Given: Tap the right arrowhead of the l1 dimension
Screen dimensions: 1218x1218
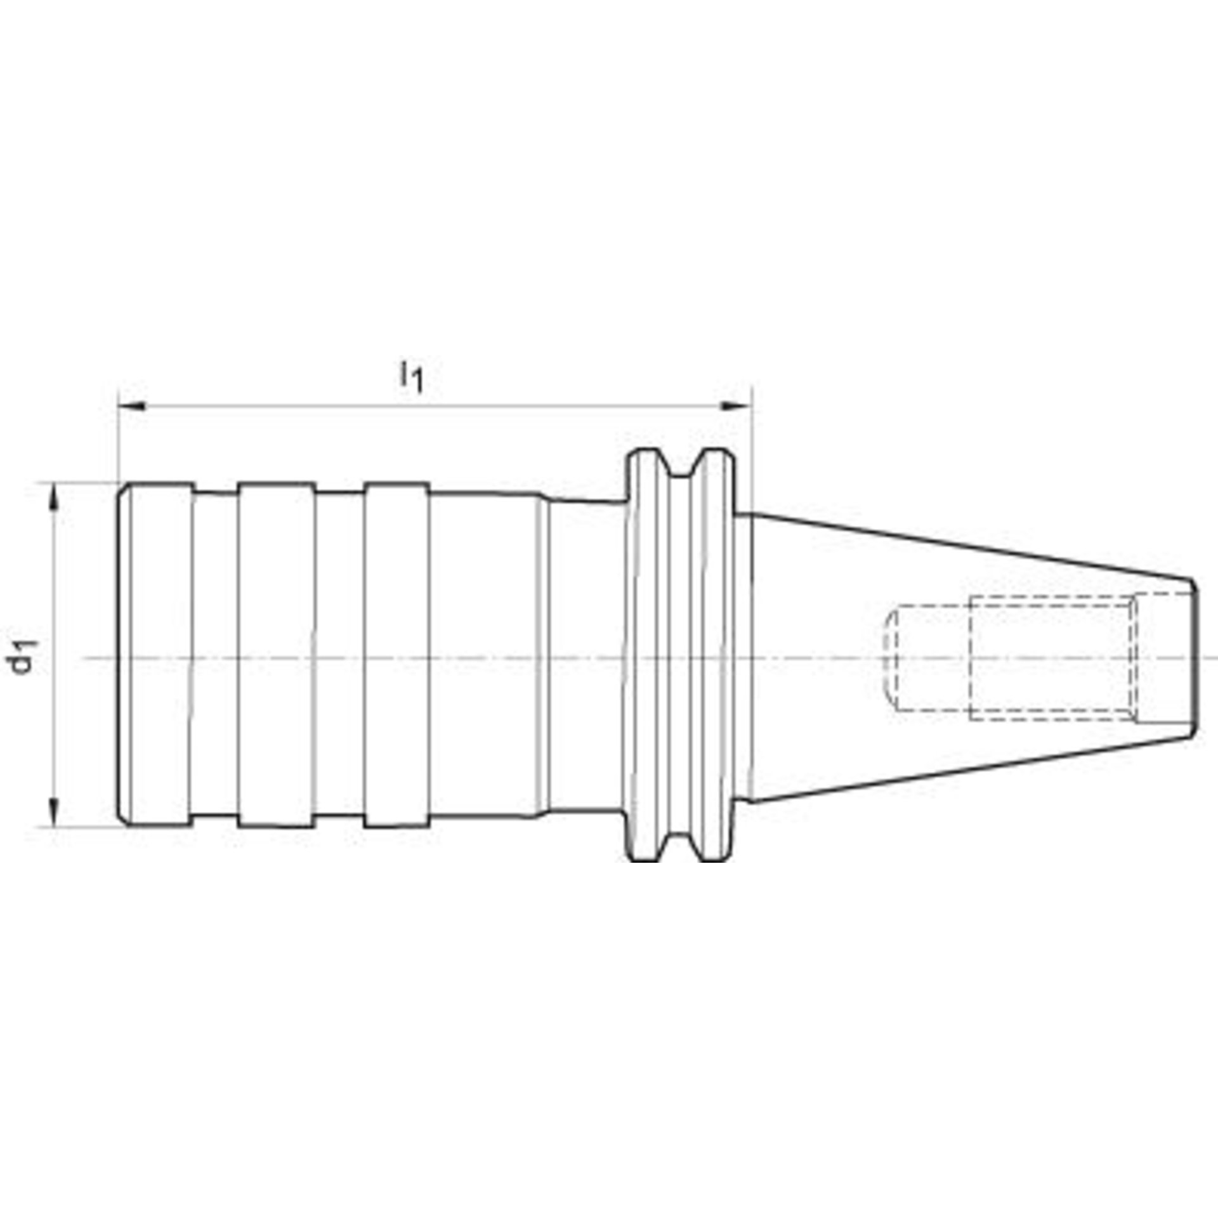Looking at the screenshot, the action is click(x=737, y=406).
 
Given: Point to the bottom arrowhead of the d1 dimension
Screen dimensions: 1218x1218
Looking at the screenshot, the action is click(x=55, y=812).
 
